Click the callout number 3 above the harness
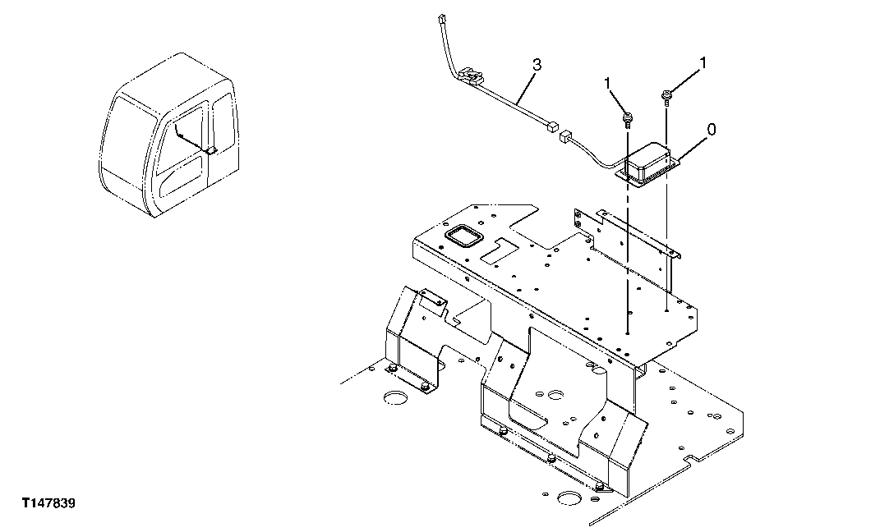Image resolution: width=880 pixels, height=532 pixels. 536,63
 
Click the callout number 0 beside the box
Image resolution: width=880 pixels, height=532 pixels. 712,129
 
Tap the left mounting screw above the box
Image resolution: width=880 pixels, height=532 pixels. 627,121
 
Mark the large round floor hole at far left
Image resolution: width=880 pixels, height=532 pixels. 396,399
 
